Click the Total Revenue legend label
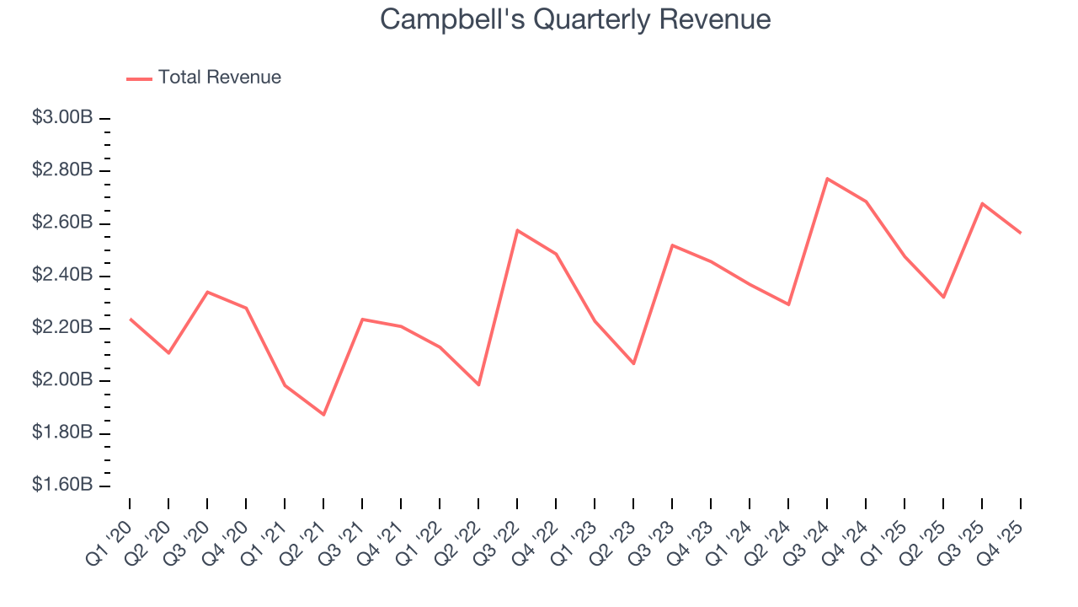(219, 78)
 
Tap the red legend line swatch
(139, 78)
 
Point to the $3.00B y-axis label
(62, 118)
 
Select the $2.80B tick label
(62, 170)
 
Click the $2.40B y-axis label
(62, 275)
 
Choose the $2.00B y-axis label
(62, 380)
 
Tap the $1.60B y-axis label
(62, 486)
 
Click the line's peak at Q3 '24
(827, 179)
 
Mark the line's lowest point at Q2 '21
(323, 415)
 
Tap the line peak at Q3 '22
(517, 230)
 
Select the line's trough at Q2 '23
(633, 363)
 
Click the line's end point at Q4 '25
(1021, 233)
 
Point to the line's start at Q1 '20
(130, 319)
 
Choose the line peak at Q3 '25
(982, 203)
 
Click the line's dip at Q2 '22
(478, 384)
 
